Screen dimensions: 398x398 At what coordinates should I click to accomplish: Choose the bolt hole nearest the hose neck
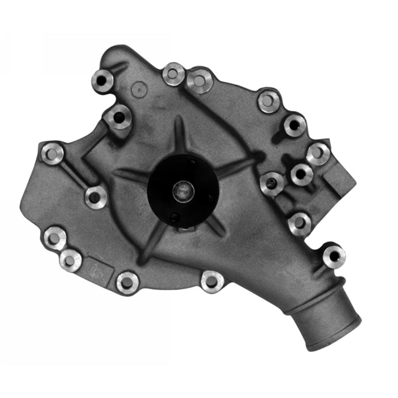coord(334,256)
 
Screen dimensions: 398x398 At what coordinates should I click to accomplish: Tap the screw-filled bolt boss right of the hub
coord(272,184)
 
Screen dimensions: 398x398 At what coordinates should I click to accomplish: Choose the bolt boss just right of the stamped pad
coord(127,283)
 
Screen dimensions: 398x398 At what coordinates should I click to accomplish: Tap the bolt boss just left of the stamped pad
coord(70,259)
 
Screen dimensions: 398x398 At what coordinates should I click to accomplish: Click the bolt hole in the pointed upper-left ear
coord(103,80)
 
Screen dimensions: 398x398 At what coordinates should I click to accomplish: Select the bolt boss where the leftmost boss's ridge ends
coord(96,197)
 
